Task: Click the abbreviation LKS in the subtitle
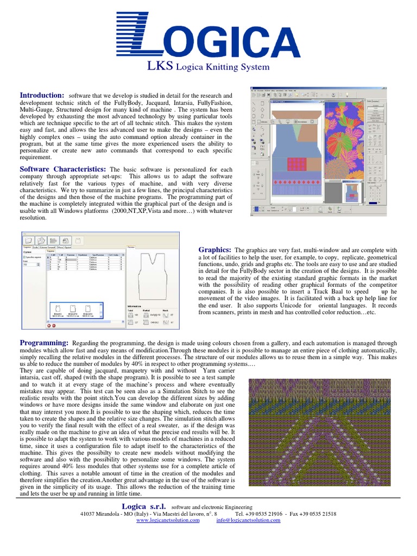(x=160, y=67)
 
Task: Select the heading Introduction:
(x=42, y=96)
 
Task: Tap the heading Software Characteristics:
(x=63, y=169)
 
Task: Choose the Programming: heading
(x=44, y=343)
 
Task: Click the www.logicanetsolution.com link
(x=168, y=520)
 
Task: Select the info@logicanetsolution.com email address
(x=248, y=520)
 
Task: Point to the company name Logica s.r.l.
(x=144, y=506)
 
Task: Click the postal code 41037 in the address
(x=87, y=514)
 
